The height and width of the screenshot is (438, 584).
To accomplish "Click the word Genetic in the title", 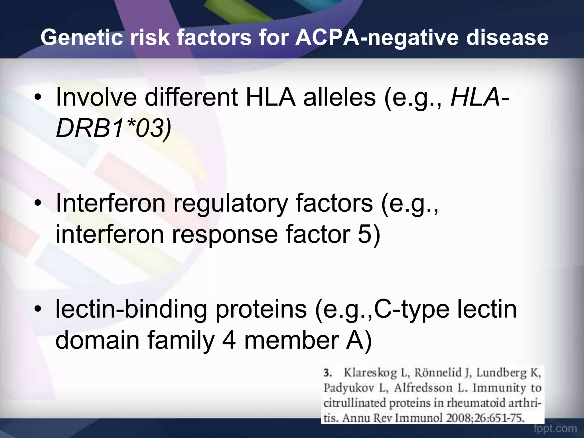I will (82, 38).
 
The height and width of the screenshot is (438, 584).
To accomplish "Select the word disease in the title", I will (507, 38).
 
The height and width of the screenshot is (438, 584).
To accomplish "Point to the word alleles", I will (339, 98).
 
